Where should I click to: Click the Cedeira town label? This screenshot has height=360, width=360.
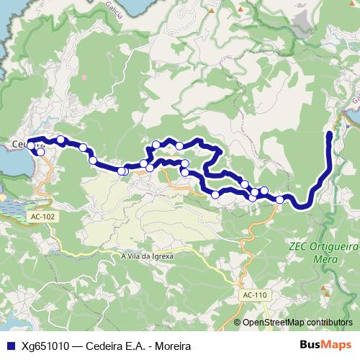24,145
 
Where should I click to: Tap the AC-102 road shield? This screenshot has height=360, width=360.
42,215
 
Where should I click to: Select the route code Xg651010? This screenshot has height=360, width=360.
46,346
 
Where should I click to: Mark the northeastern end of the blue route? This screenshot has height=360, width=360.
330,134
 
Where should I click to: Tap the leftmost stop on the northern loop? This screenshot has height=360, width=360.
156,144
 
